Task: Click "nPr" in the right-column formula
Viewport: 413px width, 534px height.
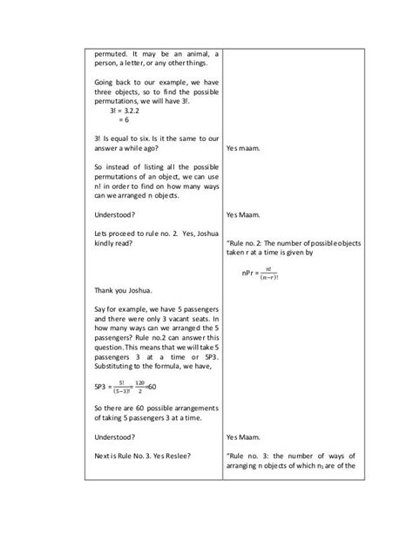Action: pos(250,273)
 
